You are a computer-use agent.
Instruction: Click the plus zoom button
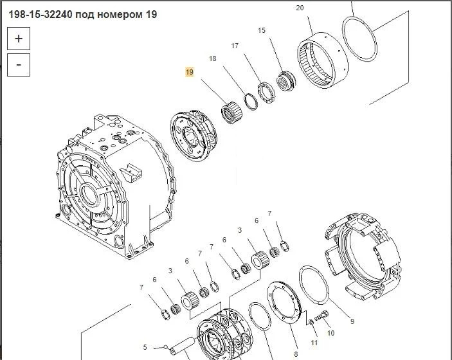coord(19,39)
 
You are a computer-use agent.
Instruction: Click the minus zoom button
coord(19,65)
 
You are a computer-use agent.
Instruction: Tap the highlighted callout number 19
coord(190,72)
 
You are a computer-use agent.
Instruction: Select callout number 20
coord(300,8)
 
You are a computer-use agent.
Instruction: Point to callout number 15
coord(262,30)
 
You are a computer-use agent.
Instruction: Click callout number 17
coord(235,46)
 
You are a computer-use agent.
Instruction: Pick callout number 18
coord(212,59)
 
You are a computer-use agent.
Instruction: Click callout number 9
coord(352,321)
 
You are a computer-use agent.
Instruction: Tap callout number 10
coord(330,333)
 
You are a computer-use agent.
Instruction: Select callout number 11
coord(314,343)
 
